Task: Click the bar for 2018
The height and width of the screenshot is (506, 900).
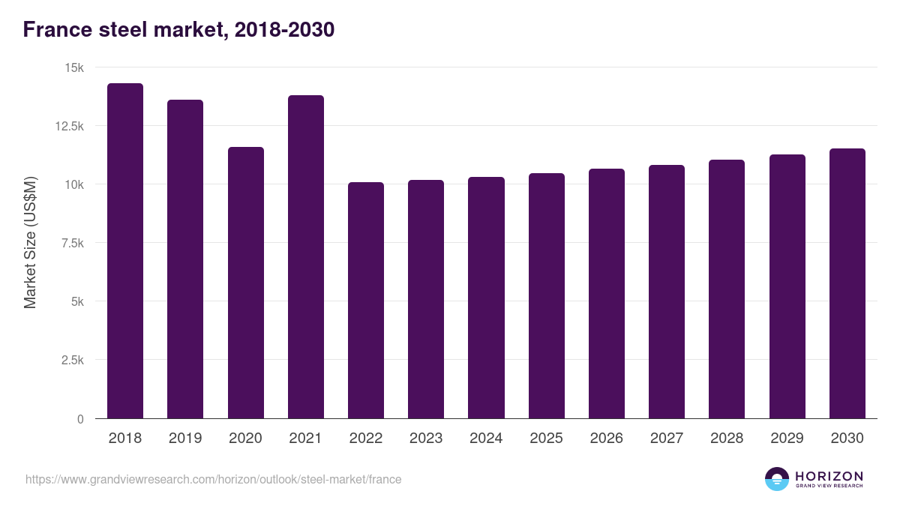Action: point(125,251)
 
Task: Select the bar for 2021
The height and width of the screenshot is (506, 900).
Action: point(306,257)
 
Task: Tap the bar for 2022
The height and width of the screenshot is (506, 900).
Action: point(366,301)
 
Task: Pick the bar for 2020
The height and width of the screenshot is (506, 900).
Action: point(246,283)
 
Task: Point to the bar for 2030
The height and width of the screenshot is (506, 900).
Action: point(847,283)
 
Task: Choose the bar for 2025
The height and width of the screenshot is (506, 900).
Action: point(547,296)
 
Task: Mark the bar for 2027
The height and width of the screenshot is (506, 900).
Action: point(667,292)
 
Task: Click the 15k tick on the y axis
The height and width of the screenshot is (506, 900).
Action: point(74,67)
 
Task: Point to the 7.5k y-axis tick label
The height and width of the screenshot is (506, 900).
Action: point(71,243)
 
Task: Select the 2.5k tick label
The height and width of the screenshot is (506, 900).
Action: point(71,360)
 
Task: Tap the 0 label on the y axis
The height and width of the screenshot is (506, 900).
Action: point(80,419)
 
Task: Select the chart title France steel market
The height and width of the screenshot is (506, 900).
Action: point(178,30)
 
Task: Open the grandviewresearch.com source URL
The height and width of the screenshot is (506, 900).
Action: point(213,479)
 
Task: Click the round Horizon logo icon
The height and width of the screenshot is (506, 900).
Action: point(777,479)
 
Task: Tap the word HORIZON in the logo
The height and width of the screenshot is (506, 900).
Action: point(829,476)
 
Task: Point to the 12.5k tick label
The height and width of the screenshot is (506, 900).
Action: point(69,126)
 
